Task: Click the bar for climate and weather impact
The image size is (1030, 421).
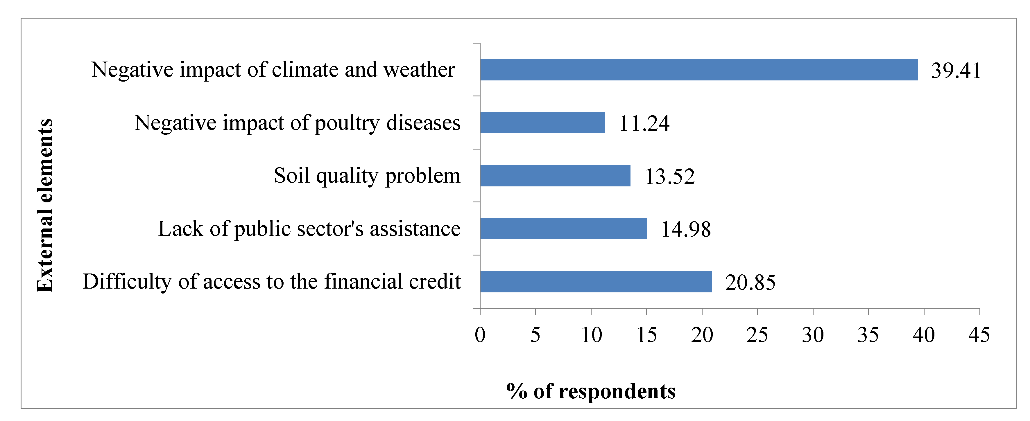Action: (698, 69)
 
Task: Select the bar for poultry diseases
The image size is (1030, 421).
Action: (542, 123)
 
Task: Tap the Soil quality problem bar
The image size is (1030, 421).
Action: (555, 176)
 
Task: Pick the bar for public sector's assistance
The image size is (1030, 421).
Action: (563, 229)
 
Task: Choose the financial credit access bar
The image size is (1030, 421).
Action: (596, 282)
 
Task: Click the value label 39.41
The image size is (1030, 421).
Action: (956, 71)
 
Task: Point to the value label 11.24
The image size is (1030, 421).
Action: (644, 123)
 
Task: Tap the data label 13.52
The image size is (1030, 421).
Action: (670, 177)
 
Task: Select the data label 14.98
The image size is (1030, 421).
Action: (686, 230)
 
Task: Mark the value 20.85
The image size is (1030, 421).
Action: (750, 283)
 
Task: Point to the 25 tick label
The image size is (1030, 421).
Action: (757, 335)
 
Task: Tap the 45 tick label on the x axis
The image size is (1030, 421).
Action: (979, 335)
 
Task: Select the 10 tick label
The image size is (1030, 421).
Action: (591, 335)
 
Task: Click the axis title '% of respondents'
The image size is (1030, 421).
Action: (591, 391)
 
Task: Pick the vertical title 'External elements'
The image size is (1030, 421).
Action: (45, 205)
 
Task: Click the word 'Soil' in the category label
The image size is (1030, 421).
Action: (291, 175)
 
